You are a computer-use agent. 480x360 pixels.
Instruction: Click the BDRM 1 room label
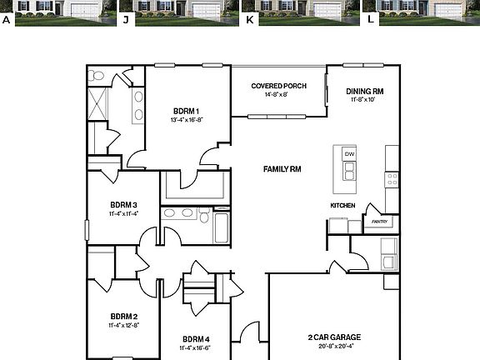[186, 111]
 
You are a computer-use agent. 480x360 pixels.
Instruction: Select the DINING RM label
[365, 91]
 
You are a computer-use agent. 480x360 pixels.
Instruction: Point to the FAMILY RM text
[282, 169]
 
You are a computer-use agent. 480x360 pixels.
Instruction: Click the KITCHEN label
[342, 205]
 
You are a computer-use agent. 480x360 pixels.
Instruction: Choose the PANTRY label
[380, 222]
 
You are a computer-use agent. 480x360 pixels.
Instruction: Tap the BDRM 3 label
[123, 204]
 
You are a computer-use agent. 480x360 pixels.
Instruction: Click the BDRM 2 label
[123, 316]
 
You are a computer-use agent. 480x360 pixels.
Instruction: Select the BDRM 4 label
[196, 338]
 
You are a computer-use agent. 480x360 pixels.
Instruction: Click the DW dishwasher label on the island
[349, 154]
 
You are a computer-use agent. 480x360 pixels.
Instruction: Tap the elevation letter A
[7, 17]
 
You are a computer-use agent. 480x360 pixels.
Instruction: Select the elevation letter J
[125, 17]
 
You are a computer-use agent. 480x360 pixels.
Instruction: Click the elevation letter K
[248, 17]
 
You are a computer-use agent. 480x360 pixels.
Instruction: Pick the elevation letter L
[370, 17]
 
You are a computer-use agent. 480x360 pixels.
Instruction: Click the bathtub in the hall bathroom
[221, 226]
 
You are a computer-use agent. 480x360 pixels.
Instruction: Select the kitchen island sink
[349, 171]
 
